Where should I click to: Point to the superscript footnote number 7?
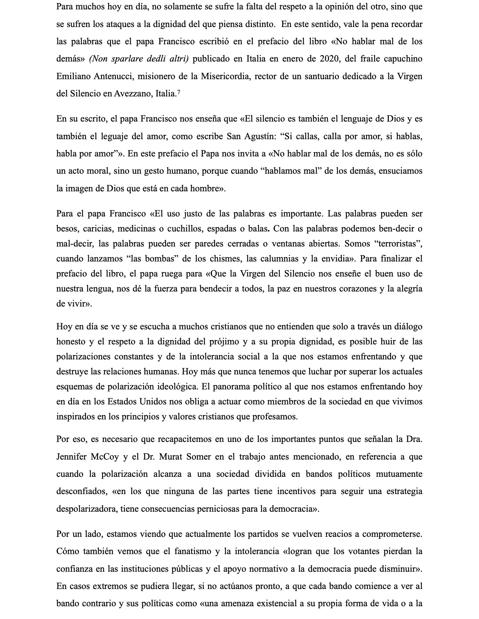pos(178,92)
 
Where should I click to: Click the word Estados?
pos(122,401)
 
